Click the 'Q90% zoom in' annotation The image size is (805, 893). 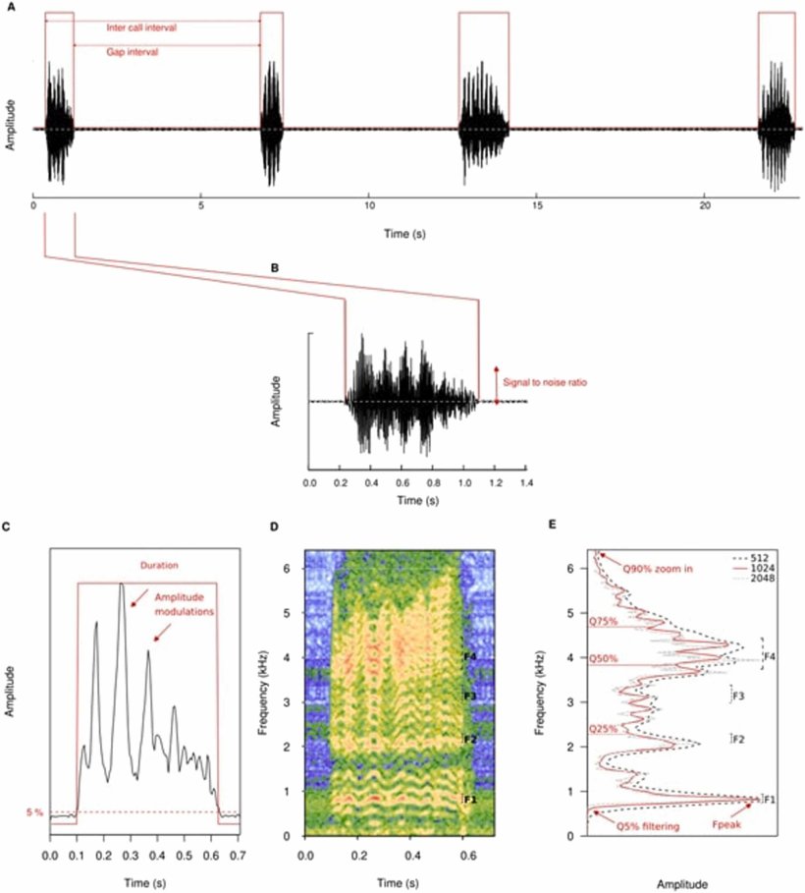pyautogui.click(x=656, y=569)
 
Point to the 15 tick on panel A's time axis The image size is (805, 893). pyautogui.click(x=536, y=209)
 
